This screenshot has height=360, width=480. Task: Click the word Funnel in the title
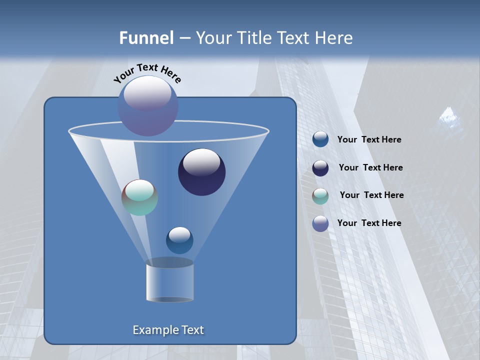pyautogui.click(x=146, y=38)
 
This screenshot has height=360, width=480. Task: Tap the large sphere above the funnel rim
pyautogui.click(x=147, y=106)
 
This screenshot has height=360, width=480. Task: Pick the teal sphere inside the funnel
pyautogui.click(x=139, y=197)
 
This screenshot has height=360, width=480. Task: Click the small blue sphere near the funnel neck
pyautogui.click(x=179, y=240)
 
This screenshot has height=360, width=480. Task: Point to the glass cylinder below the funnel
pyautogui.click(x=170, y=282)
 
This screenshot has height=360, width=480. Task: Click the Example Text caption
pyautogui.click(x=168, y=330)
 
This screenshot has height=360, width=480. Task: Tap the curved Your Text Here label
pyautogui.click(x=147, y=72)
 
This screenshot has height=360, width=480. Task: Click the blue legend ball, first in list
pyautogui.click(x=320, y=139)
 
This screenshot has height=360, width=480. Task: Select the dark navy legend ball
pyautogui.click(x=320, y=168)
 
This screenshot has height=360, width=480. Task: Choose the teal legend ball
pyautogui.click(x=320, y=196)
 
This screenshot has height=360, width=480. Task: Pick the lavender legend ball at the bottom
pyautogui.click(x=320, y=223)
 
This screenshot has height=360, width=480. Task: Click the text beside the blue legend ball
pyautogui.click(x=369, y=140)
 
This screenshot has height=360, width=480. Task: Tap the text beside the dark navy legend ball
pyautogui.click(x=370, y=168)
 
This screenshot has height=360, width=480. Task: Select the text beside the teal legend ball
pyautogui.click(x=371, y=195)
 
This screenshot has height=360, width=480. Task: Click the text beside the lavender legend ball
pyautogui.click(x=369, y=223)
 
